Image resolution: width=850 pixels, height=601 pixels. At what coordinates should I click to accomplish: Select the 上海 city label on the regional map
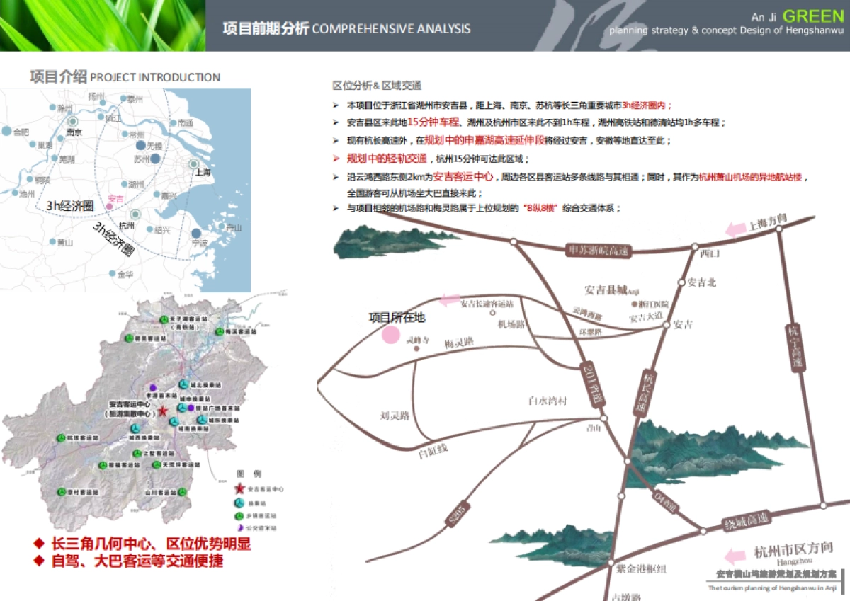coord(204,172)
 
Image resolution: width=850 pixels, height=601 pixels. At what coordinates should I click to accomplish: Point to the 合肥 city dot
coord(7,132)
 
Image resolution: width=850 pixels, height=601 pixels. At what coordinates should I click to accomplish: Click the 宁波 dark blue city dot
coord(195,233)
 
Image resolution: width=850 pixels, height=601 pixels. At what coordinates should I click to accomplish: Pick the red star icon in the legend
coord(240,489)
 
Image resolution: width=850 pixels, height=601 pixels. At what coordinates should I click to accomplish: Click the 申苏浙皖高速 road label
coord(599,250)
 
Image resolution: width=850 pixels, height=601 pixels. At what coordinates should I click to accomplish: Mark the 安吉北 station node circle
coord(682,282)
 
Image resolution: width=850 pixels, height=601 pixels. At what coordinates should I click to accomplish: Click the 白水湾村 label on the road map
coord(548,401)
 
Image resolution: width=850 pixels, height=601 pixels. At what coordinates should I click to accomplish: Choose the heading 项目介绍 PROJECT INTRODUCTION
coord(125,77)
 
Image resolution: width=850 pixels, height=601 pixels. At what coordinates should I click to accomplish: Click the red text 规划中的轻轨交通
coord(387,159)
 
